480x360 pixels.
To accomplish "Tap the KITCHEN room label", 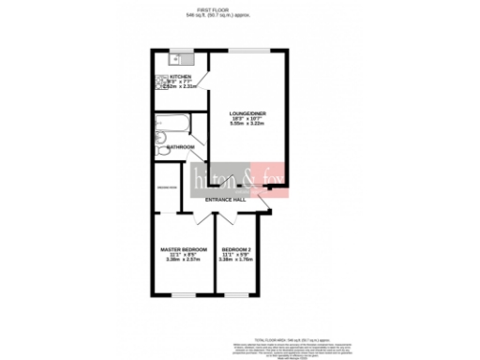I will tap(180, 77).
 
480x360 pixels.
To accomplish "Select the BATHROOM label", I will tap(181, 147).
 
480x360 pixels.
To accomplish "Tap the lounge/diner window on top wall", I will tap(249, 50).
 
